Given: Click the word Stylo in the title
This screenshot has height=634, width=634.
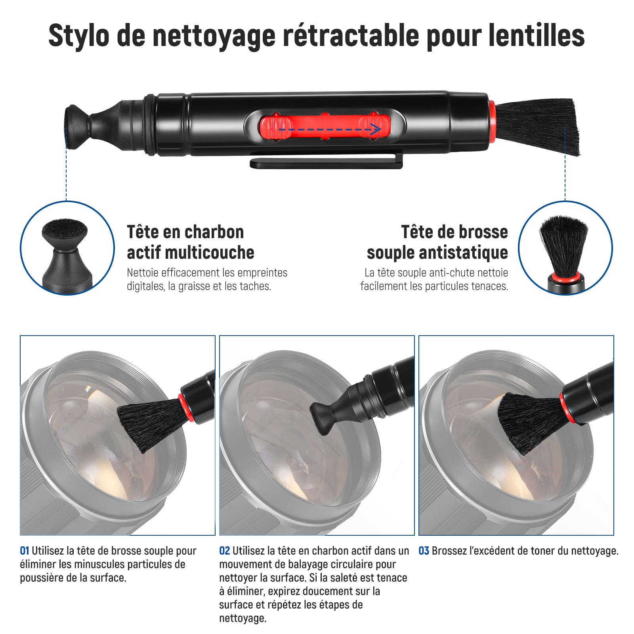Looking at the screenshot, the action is click(x=79, y=36).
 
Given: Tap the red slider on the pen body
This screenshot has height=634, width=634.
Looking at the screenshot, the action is click(x=325, y=126).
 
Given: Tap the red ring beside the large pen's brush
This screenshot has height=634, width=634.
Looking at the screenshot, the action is click(x=492, y=122).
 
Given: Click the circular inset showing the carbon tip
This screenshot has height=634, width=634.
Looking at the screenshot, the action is click(x=67, y=248).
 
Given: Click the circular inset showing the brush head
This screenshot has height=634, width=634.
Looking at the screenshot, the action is click(x=565, y=248).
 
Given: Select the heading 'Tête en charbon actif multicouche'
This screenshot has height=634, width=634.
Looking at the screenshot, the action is click(x=191, y=242).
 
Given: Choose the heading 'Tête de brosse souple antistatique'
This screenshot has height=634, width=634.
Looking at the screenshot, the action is click(x=437, y=242).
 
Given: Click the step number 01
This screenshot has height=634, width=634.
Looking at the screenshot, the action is click(x=25, y=551).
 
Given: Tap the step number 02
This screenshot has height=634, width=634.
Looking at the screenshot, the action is click(x=225, y=551).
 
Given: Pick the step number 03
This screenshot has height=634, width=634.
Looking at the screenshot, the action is click(x=424, y=551).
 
